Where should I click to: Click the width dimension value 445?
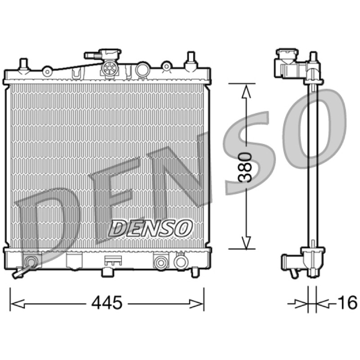pos(107,302)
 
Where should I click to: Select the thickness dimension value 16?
pos(347,302)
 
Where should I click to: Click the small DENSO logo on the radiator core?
pos(150,228)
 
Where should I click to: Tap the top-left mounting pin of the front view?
pos(23,66)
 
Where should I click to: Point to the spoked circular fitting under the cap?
pos(109,68)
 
